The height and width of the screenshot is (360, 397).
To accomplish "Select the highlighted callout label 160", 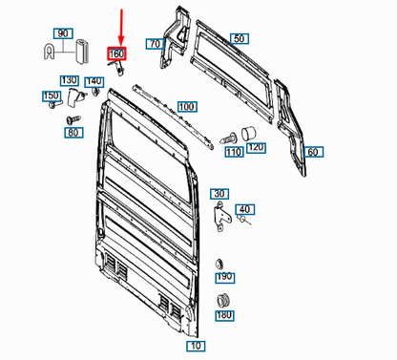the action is pyautogui.click(x=117, y=53).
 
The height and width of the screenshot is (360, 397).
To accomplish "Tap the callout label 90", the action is pyautogui.click(x=63, y=33).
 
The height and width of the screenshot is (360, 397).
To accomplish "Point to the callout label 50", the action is pyautogui.click(x=240, y=39).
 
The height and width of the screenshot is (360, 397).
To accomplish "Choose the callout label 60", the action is pyautogui.click(x=312, y=152).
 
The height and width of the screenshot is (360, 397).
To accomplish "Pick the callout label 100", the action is pyautogui.click(x=186, y=106).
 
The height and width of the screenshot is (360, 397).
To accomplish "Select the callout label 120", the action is pyautogui.click(x=255, y=148).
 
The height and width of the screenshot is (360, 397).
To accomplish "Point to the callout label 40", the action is pyautogui.click(x=244, y=209).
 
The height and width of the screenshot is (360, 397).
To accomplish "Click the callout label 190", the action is pyautogui.click(x=225, y=277).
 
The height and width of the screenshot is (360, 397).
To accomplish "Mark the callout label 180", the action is pyautogui.click(x=225, y=315).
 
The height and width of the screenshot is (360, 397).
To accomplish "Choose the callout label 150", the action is pyautogui.click(x=49, y=95).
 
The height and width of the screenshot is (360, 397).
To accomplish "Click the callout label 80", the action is pyautogui.click(x=73, y=133).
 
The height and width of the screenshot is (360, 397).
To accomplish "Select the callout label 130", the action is pyautogui.click(x=69, y=79).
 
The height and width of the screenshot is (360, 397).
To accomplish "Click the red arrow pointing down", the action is pyautogui.click(x=122, y=24).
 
